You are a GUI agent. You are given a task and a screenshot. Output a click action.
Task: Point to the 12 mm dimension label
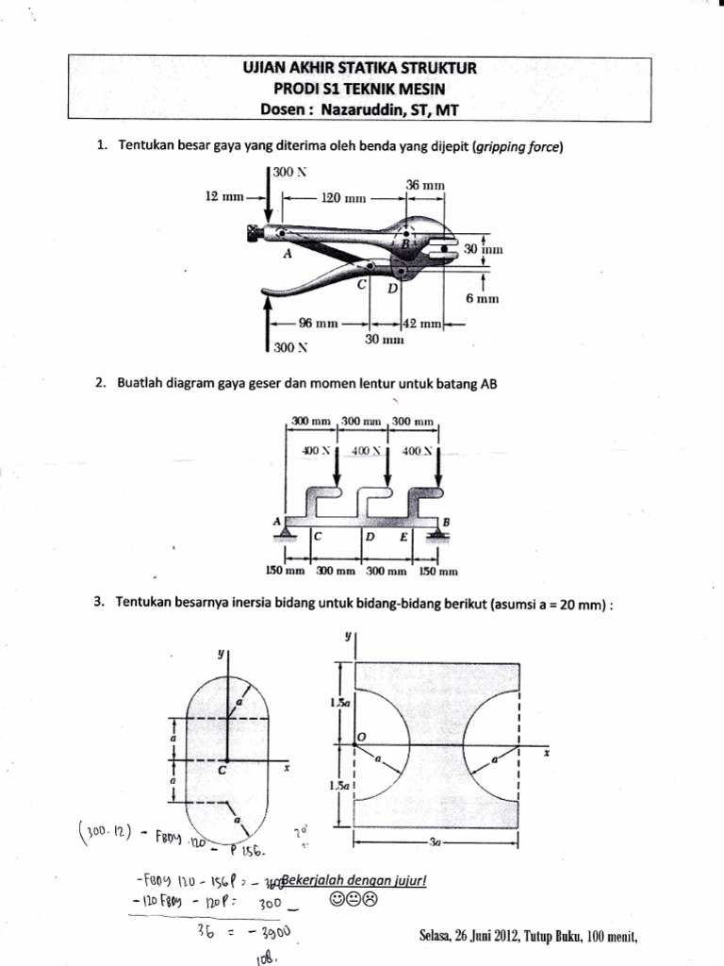[x=224, y=197]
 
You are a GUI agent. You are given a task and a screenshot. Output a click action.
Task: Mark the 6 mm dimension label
[x=482, y=299]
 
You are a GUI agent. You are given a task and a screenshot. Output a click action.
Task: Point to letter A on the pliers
[x=286, y=253]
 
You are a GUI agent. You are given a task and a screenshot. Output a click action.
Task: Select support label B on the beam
[x=446, y=521]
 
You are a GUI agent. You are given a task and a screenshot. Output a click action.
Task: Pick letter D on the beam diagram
[x=370, y=538]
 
